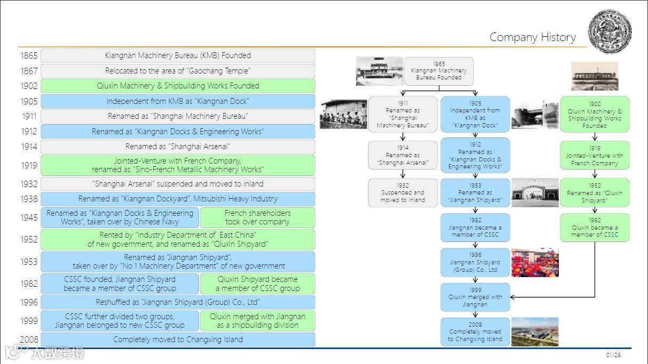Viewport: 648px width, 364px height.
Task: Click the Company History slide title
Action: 532,37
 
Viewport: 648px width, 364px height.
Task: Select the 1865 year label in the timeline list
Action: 29,55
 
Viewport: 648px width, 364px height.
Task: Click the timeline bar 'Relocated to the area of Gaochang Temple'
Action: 178,71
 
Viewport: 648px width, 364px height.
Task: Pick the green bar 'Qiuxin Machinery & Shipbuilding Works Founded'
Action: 178,86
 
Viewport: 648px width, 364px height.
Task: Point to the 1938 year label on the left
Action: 29,199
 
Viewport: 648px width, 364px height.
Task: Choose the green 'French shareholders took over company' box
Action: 257,217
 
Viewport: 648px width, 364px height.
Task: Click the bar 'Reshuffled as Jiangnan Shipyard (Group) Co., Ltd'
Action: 178,302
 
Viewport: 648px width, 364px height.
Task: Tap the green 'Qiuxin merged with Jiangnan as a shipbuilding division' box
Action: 257,321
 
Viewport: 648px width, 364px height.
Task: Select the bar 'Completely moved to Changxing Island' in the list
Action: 178,339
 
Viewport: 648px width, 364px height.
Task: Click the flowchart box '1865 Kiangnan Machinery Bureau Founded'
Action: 439,71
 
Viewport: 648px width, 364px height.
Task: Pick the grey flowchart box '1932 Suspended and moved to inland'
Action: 402,192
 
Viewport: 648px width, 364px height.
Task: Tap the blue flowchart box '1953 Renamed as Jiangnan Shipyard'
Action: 475,192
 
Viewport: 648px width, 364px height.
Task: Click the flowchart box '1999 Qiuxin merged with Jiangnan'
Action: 475,297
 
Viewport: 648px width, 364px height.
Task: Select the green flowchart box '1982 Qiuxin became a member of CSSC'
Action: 595,227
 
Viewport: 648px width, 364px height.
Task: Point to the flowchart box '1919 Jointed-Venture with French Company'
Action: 595,156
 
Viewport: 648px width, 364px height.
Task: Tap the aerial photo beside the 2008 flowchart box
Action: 535,331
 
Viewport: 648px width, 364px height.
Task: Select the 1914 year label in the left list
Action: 29,147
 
